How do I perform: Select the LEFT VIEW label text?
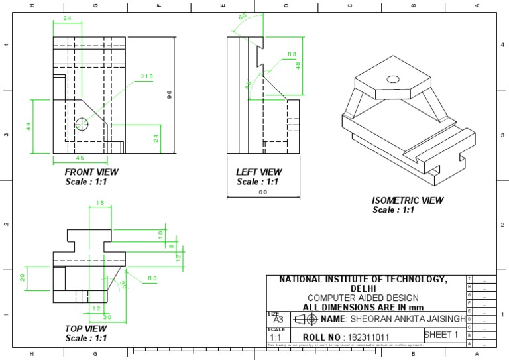pyautogui.click(x=258, y=172)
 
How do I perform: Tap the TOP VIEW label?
pyautogui.click(x=85, y=329)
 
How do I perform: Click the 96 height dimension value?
pyautogui.click(x=169, y=95)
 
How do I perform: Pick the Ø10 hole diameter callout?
pyautogui.click(x=146, y=77)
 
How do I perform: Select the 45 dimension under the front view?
pyautogui.click(x=80, y=158)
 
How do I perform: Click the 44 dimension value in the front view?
pyautogui.click(x=29, y=125)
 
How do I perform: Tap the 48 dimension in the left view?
pyautogui.click(x=298, y=66)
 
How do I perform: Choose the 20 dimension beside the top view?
pyautogui.click(x=21, y=277)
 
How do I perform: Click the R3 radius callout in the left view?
pyautogui.click(x=292, y=54)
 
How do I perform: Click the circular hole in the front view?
pyautogui.click(x=82, y=124)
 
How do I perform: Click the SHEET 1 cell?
pyautogui.click(x=441, y=335)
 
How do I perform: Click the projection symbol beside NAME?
pyautogui.click(x=304, y=320)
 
